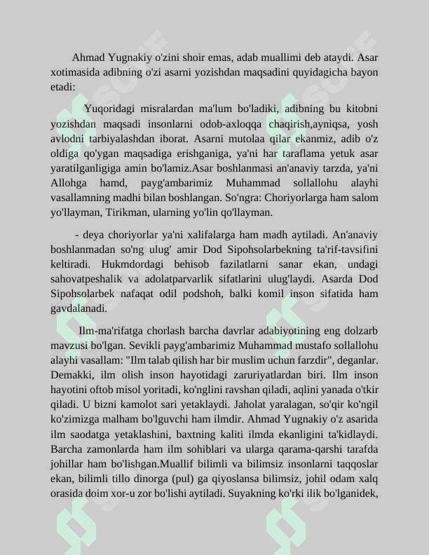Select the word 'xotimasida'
pyautogui.click(x=73, y=72)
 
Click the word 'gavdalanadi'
pyautogui.click(x=78, y=308)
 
